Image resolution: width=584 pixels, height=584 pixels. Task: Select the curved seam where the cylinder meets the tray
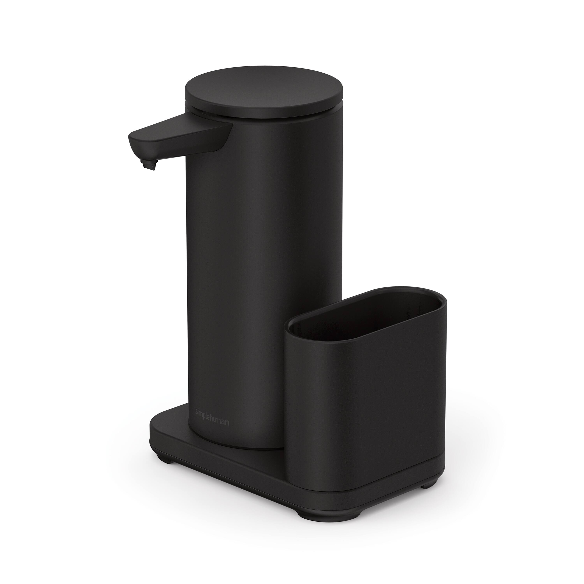[x=242, y=455]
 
